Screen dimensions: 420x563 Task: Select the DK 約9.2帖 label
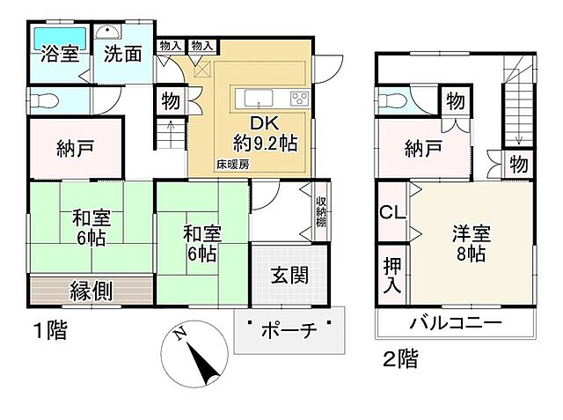pos(264,131)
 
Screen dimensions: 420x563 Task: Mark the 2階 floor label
pos(399,359)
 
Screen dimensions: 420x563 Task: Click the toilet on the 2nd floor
pos(391,99)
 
